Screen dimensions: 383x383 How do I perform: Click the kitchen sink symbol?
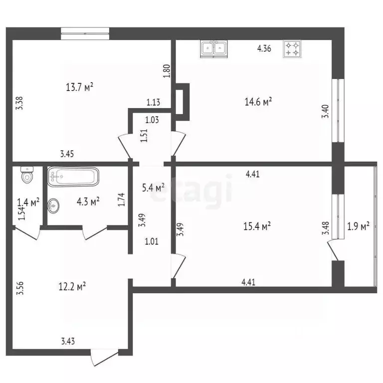coord(215,48)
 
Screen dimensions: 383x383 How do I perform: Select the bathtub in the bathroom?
coord(73,177)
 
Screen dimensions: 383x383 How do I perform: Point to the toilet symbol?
coord(26,175)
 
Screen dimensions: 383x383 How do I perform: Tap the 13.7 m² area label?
coord(80,87)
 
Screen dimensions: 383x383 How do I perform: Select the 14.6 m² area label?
coord(258,102)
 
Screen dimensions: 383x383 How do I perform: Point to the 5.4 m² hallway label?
coord(153,188)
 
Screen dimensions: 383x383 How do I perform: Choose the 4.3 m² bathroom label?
coord(88,201)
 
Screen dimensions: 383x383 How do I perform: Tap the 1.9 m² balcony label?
coord(358,227)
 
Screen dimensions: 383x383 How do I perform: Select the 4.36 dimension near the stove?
coord(264,49)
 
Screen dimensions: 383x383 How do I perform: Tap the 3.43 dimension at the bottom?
coord(69,342)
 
